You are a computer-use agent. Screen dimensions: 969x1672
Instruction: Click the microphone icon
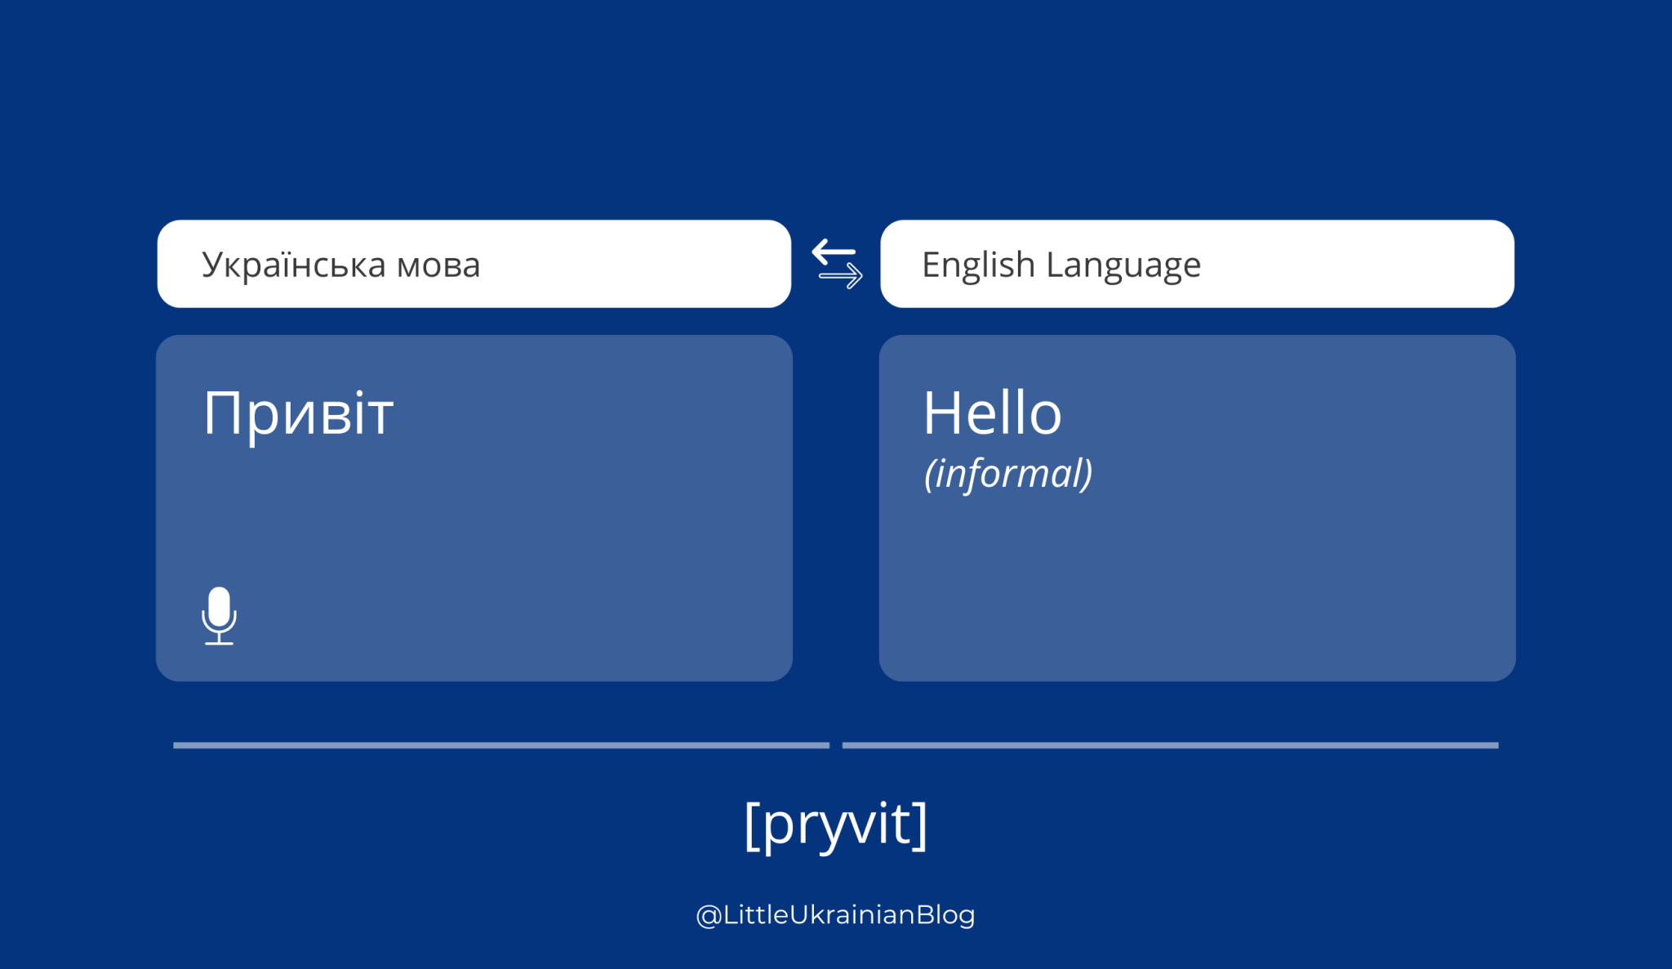[219, 614]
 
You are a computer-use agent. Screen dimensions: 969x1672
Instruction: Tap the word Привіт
[298, 413]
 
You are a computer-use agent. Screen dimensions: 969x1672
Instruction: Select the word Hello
[992, 413]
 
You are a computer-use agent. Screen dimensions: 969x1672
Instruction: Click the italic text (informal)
[1008, 473]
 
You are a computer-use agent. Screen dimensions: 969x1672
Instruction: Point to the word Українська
[294, 265]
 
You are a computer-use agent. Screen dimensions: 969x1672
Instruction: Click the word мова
[438, 266]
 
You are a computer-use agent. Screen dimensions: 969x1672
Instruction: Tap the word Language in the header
[1123, 266]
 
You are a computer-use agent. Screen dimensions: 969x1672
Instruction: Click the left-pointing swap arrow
[834, 252]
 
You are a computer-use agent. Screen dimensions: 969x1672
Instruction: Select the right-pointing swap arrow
[841, 276]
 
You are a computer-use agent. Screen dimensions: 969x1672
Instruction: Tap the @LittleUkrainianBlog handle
[836, 914]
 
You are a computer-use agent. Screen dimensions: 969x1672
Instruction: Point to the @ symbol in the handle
[708, 915]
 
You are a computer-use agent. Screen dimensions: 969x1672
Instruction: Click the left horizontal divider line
[500, 745]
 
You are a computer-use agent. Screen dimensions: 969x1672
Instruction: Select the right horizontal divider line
[1170, 745]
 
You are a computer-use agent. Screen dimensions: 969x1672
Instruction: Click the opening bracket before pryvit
[751, 825]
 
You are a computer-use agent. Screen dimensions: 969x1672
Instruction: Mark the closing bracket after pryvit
[921, 825]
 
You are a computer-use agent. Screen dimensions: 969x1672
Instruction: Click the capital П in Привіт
[222, 413]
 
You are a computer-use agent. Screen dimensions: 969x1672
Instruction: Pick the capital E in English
[932, 265]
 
